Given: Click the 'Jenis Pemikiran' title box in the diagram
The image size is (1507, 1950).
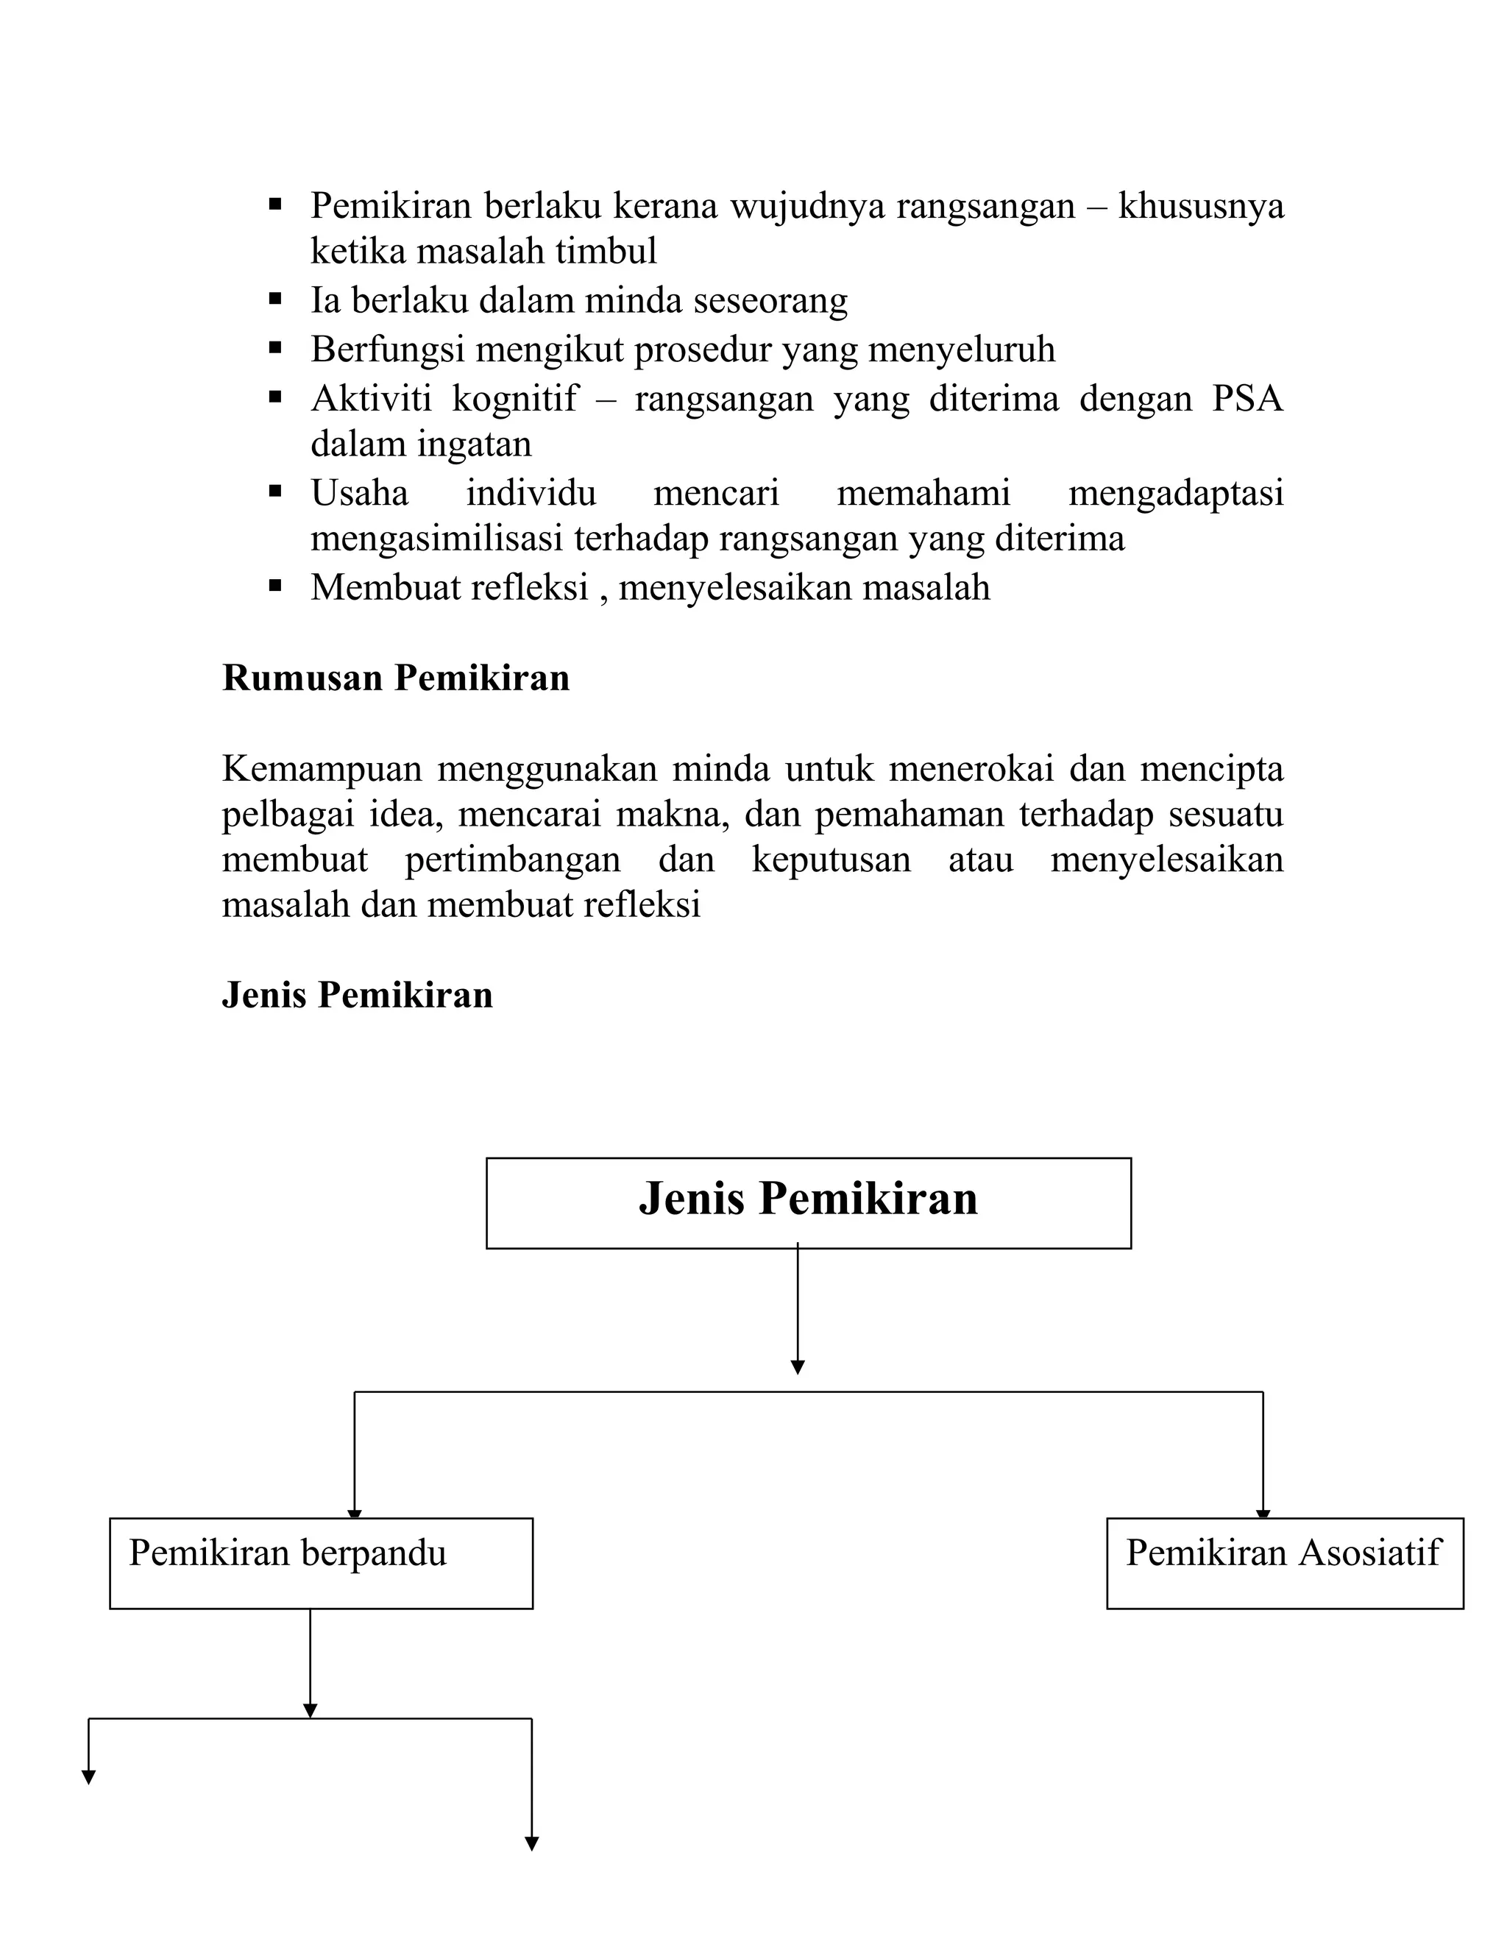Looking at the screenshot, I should click(808, 1202).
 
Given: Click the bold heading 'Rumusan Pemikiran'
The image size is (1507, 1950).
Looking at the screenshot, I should click(395, 678).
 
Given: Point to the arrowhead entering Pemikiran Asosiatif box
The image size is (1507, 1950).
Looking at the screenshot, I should click(1263, 1514).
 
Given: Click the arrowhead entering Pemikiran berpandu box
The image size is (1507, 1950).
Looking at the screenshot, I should click(355, 1514).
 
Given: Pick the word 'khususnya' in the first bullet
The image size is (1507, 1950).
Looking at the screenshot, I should click(1201, 206).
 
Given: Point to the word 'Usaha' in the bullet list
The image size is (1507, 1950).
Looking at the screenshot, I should click(359, 493).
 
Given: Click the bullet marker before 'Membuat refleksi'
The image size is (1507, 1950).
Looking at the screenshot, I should click(275, 586).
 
